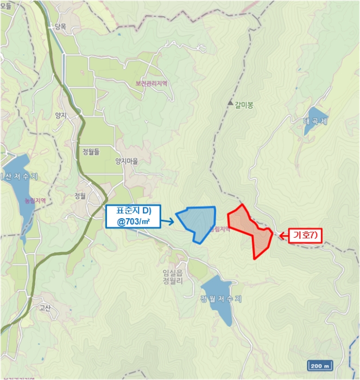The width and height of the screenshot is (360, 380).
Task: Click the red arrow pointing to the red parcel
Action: (281, 235)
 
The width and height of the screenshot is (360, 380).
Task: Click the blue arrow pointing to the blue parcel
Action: (168, 221)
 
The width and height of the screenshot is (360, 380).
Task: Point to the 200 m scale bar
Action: (320, 365)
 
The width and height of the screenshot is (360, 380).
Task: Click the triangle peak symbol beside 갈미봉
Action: (230, 102)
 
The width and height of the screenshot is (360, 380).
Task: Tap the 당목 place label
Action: (60, 26)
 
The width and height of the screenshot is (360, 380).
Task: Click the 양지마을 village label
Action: (127, 161)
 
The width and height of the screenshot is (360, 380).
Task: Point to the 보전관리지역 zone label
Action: (151, 84)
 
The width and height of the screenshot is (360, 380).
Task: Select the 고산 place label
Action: (45, 308)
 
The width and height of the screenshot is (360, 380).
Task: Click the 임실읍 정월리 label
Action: (172, 277)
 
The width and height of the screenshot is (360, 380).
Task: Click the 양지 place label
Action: (60, 115)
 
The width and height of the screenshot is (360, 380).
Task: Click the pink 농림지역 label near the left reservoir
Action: (35, 200)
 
